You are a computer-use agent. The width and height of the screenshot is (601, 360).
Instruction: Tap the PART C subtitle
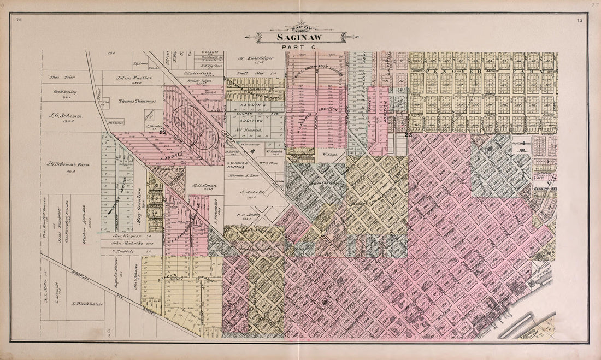point(295,48)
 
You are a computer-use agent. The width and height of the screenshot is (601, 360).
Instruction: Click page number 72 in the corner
point(19,20)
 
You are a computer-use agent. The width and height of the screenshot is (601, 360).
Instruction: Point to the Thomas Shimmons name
point(135,102)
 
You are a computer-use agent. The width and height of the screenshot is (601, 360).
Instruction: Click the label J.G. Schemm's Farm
point(68,163)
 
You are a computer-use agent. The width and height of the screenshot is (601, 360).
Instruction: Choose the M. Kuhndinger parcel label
point(255,57)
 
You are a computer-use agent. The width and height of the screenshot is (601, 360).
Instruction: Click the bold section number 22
point(162,132)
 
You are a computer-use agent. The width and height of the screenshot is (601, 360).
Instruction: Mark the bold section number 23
point(407,134)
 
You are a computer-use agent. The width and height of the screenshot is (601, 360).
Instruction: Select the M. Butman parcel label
point(204,186)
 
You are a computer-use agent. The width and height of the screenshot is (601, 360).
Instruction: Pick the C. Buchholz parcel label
point(123,251)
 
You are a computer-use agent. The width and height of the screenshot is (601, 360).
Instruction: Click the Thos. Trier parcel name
point(62,78)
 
